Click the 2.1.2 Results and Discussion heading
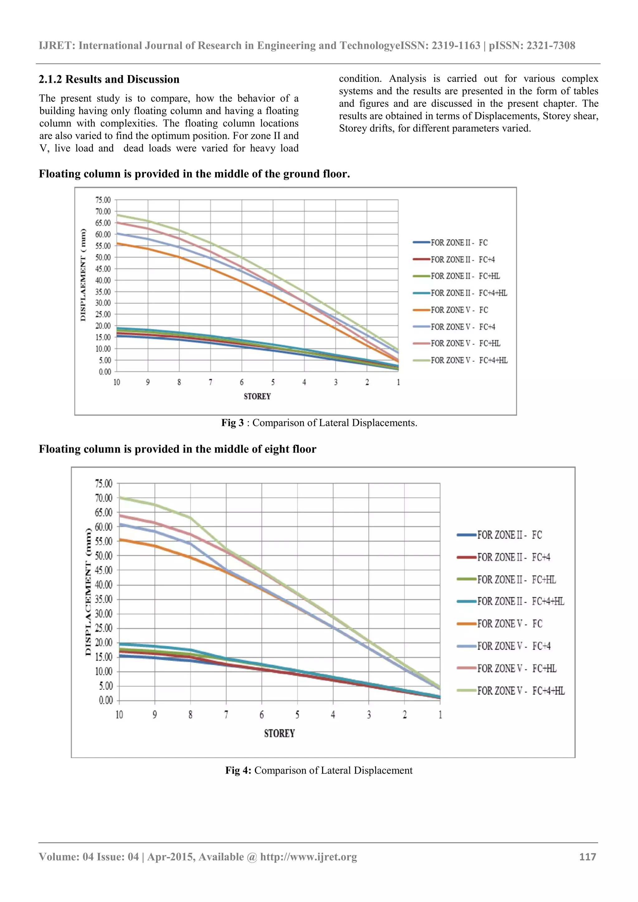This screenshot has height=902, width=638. [x=109, y=79]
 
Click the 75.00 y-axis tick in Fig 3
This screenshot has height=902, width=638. [x=103, y=200]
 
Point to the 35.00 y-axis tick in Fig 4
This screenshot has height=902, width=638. [x=104, y=599]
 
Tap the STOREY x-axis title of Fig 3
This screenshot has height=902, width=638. [x=257, y=396]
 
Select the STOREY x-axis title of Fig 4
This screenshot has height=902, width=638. [x=279, y=734]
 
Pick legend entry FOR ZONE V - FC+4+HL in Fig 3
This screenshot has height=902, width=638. [x=469, y=361]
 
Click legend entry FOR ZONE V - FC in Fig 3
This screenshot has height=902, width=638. [x=459, y=310]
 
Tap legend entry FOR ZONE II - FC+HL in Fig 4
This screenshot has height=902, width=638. [x=516, y=580]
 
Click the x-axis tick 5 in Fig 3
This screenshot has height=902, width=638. [x=273, y=382]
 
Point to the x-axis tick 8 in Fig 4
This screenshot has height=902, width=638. [x=190, y=715]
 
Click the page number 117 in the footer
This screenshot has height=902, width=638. [x=587, y=857]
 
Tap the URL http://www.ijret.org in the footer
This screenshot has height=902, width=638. [x=309, y=857]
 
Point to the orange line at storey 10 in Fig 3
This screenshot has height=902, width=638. [x=117, y=243]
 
